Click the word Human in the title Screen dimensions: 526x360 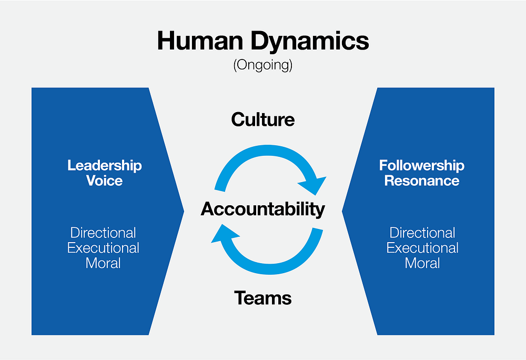(x=200, y=41)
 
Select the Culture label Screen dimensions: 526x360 (x=263, y=119)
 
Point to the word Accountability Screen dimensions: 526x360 (x=263, y=209)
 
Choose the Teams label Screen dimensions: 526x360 (x=263, y=298)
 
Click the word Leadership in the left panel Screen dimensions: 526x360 (x=105, y=166)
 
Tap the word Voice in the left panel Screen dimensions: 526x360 (x=104, y=181)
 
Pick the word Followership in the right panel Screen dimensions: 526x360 (x=422, y=165)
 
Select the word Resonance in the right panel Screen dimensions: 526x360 (x=422, y=181)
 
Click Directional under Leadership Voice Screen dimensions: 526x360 (x=103, y=233)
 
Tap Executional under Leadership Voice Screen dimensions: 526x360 (x=103, y=248)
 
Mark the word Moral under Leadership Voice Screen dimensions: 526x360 (x=103, y=263)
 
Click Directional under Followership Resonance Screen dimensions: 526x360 (x=422, y=233)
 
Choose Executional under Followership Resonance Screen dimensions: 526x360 (x=422, y=248)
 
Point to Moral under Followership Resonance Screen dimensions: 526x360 (x=422, y=263)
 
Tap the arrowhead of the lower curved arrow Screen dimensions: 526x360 (x=222, y=234)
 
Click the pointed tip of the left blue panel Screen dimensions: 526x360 (x=184, y=212)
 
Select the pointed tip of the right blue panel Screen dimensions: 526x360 (x=342, y=212)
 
